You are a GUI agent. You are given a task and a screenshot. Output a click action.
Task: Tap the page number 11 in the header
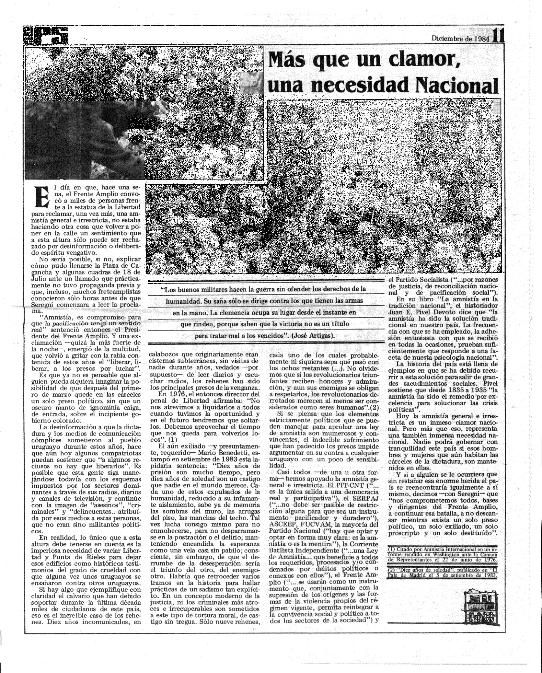point(498,36)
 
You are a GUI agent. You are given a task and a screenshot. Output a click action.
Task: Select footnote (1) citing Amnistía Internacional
point(442,551)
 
